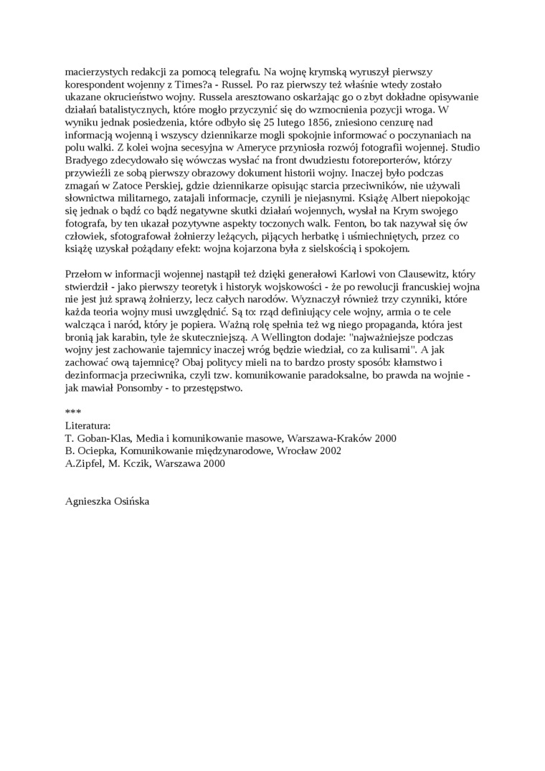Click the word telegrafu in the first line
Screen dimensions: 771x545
233,72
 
